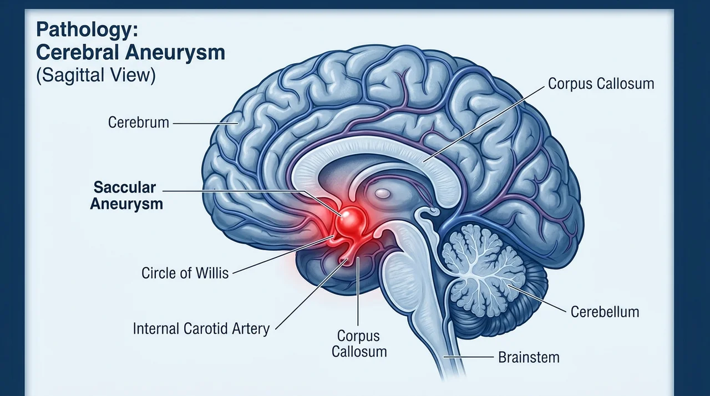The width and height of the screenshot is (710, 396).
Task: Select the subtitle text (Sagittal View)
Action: [96, 75]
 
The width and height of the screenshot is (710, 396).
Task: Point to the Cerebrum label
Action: [139, 123]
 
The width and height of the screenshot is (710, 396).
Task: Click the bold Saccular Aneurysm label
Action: [126, 195]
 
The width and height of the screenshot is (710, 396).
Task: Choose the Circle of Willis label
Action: [185, 273]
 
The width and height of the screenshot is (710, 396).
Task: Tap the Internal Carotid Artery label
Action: [201, 329]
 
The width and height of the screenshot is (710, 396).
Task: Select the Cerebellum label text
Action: [605, 312]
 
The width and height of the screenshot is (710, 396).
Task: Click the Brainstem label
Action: [529, 357]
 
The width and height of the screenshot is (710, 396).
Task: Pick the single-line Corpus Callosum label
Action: [601, 84]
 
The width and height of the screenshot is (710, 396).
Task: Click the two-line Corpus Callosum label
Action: [359, 344]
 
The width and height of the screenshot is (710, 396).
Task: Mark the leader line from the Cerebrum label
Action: [205, 124]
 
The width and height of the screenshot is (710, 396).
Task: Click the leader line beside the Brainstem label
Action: [469, 357]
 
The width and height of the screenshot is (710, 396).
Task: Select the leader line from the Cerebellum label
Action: [537, 298]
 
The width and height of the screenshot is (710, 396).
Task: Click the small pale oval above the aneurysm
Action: [382, 193]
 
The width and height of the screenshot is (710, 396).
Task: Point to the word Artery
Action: [251, 329]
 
